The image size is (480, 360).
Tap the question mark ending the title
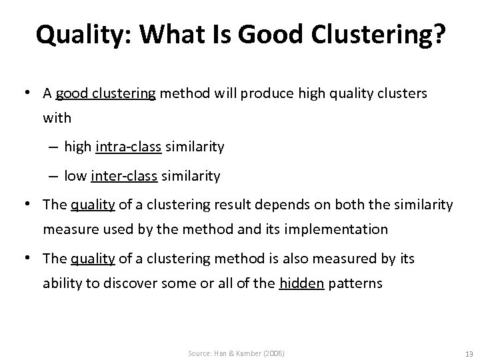click(x=437, y=35)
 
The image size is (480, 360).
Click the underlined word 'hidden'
click(x=302, y=283)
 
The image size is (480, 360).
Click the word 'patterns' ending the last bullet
click(x=355, y=283)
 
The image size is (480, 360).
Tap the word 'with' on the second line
click(x=57, y=118)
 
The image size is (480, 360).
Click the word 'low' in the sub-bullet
click(x=75, y=176)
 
